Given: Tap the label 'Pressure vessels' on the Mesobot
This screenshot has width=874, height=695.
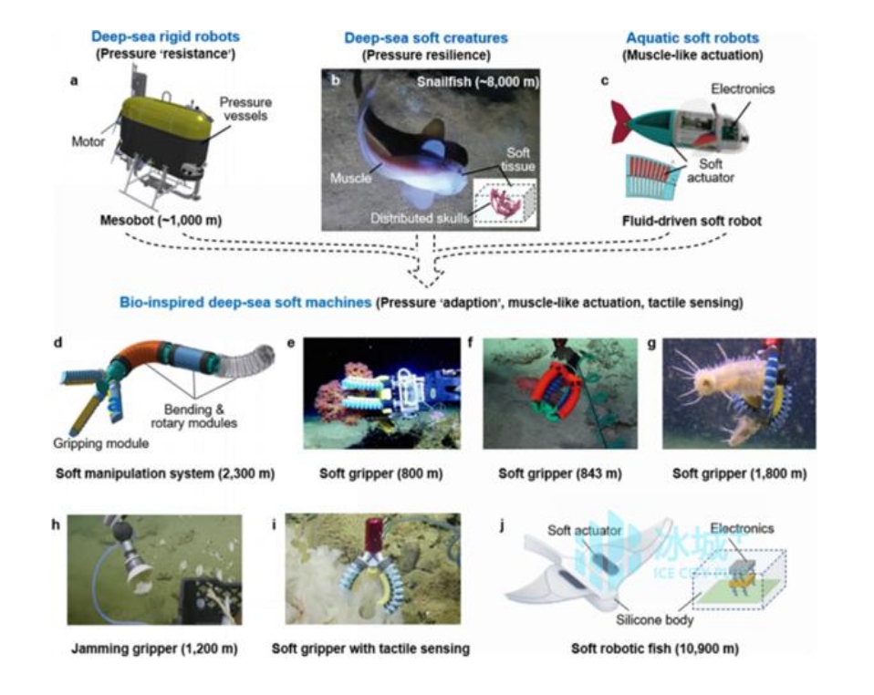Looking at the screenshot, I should (x=245, y=109).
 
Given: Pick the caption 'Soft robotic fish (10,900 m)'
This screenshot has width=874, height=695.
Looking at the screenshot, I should (x=655, y=649).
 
